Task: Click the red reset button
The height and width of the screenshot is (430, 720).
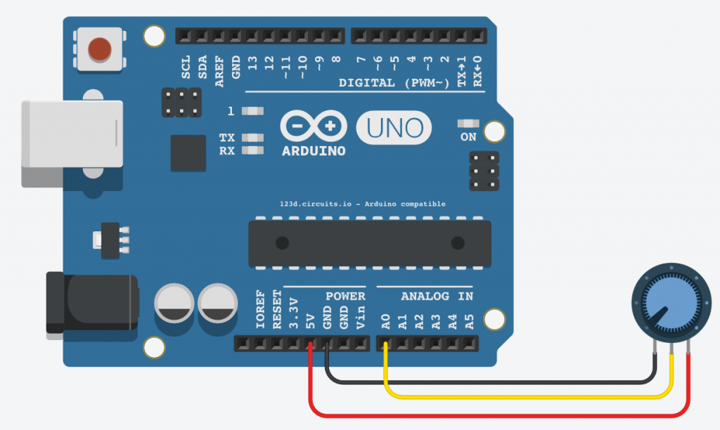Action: click(x=99, y=48)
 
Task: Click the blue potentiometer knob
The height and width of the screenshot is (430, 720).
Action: click(x=665, y=307)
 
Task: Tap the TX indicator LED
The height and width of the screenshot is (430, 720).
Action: click(x=252, y=138)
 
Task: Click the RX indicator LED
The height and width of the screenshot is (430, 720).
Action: click(x=252, y=150)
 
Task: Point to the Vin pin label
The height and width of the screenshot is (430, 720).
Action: click(x=361, y=320)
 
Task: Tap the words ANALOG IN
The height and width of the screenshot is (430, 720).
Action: click(x=437, y=297)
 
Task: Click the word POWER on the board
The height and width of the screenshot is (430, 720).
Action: click(x=345, y=297)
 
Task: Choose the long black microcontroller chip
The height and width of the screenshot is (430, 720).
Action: click(x=370, y=243)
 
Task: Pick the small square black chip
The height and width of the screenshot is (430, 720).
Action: click(x=188, y=152)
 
